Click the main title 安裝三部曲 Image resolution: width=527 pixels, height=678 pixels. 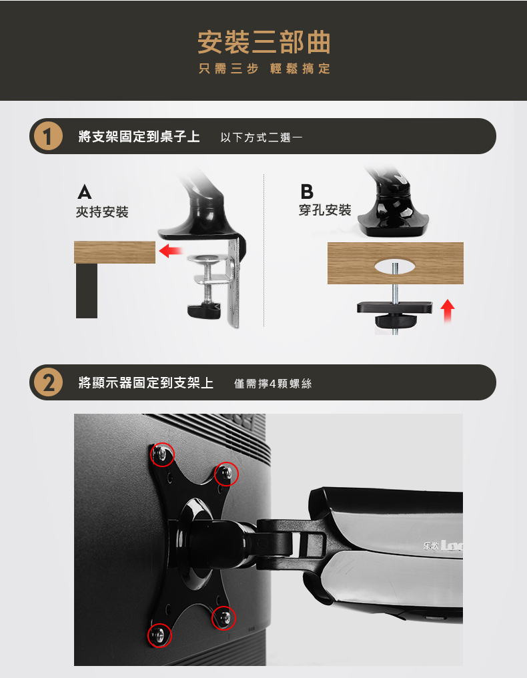tap(263, 43)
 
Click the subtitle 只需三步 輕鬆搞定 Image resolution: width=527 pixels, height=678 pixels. tap(264, 69)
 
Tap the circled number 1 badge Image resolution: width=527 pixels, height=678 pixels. tap(48, 136)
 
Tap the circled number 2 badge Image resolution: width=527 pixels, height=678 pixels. tap(48, 382)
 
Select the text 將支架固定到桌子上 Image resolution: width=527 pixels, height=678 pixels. tap(139, 137)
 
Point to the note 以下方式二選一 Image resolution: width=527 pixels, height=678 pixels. tap(261, 137)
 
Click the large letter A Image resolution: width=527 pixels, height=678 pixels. tap(85, 192)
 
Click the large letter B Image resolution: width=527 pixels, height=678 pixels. tap(306, 192)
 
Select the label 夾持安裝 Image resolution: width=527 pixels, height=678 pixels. tap(102, 212)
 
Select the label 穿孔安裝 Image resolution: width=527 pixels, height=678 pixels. tap(325, 210)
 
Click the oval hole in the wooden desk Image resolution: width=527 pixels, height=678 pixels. tap(394, 266)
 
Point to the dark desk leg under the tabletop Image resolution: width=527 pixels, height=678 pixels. tap(87, 290)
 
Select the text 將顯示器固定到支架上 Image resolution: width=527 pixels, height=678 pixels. tap(146, 382)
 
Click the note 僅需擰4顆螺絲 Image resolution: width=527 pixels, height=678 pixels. tap(273, 384)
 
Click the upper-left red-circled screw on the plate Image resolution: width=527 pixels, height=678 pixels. tap(162, 454)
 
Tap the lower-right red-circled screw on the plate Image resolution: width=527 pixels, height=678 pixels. tap(224, 618)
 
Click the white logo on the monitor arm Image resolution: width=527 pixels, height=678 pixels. tap(443, 546)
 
